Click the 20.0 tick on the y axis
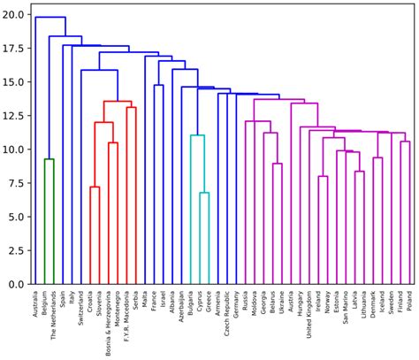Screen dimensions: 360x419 (x=15, y=15)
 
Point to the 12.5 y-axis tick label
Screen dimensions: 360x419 (x=15, y=116)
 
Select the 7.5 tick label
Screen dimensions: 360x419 (x=18, y=183)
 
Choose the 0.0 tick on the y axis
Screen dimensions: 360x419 (x=18, y=285)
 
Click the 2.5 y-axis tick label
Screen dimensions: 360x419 (x=18, y=251)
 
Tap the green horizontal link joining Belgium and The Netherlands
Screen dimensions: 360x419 (x=50, y=159)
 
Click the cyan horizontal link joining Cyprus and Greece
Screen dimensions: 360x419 (x=204, y=193)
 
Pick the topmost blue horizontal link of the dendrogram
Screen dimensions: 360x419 (x=50, y=17)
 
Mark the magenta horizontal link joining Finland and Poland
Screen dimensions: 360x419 (x=405, y=142)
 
